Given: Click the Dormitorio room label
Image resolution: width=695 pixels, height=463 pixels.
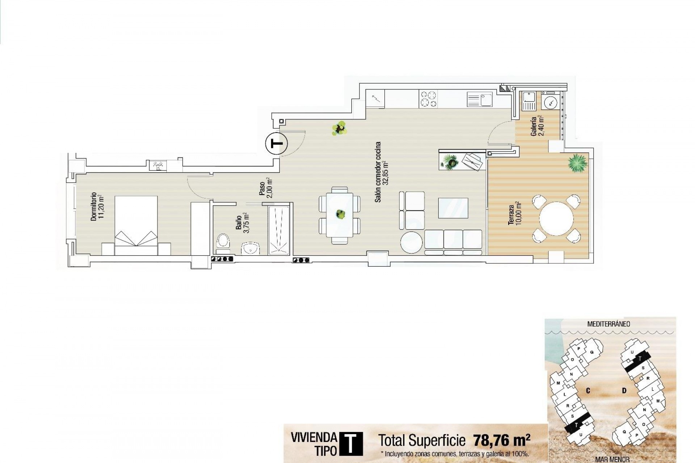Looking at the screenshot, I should point(97,206).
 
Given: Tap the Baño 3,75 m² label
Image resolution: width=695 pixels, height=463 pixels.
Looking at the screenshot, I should point(242,225).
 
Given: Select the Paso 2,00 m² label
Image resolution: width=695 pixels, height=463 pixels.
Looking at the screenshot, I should point(266,188).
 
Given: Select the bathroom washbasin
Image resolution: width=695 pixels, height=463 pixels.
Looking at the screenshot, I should point(250,248).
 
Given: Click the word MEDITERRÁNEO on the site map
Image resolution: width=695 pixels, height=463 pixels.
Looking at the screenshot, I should point(608,324).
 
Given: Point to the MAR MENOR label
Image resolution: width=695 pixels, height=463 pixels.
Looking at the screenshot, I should point(610,460).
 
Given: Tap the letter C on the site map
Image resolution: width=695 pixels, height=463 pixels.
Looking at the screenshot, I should point(588,390).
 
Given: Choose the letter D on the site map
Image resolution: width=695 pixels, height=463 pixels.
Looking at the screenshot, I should point(624,390).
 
